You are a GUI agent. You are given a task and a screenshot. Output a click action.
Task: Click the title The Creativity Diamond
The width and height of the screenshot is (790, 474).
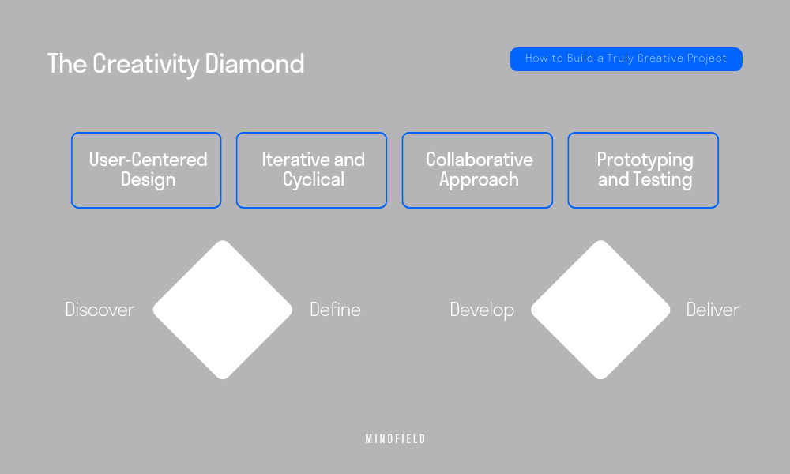(175, 64)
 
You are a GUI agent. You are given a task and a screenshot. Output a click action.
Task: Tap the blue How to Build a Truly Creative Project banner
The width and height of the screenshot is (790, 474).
(626, 59)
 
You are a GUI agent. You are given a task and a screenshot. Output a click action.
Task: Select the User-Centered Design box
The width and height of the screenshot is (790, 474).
(146, 170)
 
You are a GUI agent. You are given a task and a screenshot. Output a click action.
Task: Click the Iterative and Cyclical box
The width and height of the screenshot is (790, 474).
(311, 170)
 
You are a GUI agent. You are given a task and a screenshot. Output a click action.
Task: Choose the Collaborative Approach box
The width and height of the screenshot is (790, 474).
(477, 170)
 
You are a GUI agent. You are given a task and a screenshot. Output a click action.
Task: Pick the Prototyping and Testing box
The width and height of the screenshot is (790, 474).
(643, 170)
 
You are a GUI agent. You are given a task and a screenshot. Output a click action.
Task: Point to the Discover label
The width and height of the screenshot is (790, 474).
(100, 310)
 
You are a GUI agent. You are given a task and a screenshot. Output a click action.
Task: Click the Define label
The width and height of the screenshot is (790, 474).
(335, 310)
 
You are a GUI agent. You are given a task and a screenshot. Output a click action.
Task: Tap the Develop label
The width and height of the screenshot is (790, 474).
(482, 310)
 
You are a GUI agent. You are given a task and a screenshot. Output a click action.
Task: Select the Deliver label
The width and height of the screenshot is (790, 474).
(713, 310)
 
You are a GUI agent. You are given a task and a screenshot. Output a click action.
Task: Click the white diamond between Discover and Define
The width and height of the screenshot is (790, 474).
(223, 310)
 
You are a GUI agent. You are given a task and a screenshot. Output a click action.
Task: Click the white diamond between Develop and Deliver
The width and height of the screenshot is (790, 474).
(600, 310)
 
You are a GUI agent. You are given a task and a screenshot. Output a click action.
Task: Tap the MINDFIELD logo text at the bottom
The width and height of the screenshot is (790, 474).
(395, 439)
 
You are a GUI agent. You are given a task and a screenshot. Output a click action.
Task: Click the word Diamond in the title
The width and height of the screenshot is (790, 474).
(254, 64)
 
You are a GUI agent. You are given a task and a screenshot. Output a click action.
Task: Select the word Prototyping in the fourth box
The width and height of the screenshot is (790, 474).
(645, 160)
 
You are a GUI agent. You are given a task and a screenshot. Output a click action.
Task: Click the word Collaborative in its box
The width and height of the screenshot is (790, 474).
(479, 160)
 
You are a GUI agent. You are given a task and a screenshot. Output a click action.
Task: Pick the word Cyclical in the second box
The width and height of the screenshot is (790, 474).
(314, 180)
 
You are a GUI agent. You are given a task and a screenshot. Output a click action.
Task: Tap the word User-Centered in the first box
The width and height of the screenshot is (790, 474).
(148, 160)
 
